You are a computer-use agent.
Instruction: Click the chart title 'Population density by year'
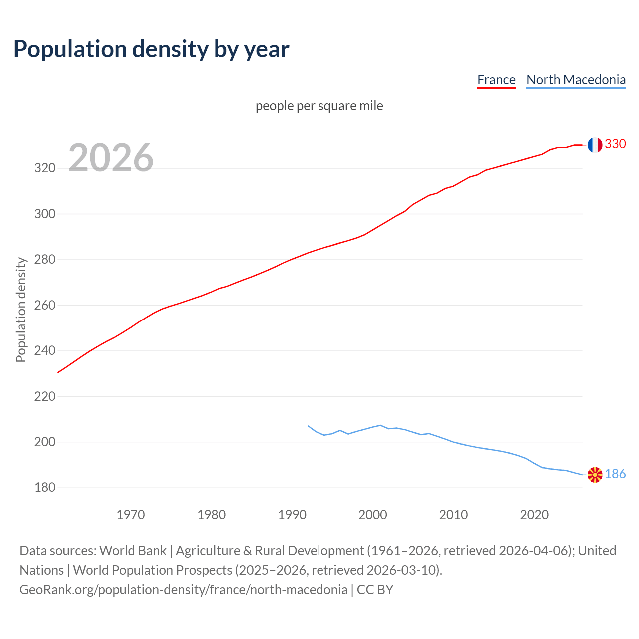151,49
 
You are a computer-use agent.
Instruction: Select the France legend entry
496,80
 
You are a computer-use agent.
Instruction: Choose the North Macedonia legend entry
576,80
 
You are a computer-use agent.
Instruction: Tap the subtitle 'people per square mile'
319,106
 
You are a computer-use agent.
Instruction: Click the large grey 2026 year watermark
111,158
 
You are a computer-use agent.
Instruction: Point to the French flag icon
594,145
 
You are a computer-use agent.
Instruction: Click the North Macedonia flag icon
595,475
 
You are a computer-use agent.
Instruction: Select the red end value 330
615,144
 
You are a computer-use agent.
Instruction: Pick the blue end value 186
615,474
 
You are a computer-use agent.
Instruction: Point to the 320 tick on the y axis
44,168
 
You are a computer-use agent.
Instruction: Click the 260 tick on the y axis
44,305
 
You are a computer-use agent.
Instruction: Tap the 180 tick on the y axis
44,488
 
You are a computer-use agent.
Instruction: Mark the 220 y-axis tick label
44,396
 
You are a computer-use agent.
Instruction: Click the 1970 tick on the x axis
131,515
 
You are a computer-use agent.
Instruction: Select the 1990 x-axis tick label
292,515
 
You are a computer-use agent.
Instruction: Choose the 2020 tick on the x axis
534,515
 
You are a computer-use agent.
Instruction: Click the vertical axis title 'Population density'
21,310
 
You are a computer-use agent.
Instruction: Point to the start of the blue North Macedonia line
309,426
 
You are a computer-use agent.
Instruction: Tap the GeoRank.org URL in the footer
183,590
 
